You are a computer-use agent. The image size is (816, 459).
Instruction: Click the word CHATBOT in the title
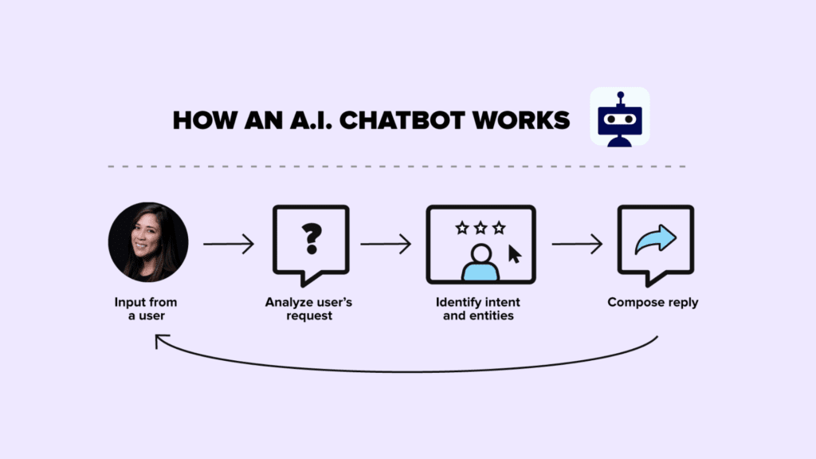point(402,120)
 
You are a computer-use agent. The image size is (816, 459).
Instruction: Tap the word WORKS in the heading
point(521,120)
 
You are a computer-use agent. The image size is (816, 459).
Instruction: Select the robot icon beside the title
point(620,117)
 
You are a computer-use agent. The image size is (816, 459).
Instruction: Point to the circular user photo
point(148,242)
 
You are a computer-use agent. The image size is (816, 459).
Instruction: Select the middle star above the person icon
point(481,228)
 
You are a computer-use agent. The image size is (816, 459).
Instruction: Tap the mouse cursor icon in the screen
point(514,254)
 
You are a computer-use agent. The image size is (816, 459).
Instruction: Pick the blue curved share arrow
point(656,239)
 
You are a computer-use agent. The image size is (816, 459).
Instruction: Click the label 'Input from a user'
point(146,309)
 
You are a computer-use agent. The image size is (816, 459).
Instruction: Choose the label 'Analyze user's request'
point(308,309)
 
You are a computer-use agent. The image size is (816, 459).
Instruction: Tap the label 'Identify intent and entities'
point(478,309)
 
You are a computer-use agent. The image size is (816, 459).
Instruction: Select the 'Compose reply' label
point(653,302)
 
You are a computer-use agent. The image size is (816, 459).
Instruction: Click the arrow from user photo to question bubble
point(229,244)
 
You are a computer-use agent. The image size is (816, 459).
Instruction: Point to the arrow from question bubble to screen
point(386,244)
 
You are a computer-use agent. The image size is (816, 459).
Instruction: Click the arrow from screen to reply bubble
point(577,244)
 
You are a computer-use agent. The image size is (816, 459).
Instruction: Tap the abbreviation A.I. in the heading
point(311,120)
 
